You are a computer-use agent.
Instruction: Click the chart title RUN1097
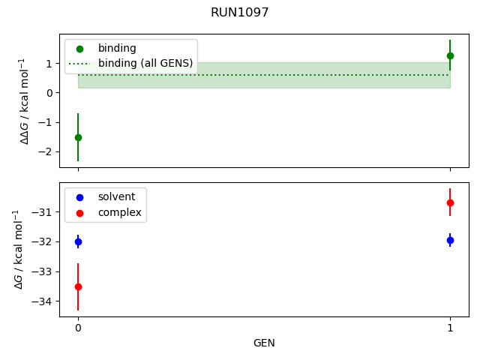pyautogui.click(x=240, y=13)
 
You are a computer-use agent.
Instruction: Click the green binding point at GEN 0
pyautogui.click(x=78, y=137)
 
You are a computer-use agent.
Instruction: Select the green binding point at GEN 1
pyautogui.click(x=450, y=55)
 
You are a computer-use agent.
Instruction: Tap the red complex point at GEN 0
pyautogui.click(x=78, y=286)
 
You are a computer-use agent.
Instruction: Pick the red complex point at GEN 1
pyautogui.click(x=450, y=202)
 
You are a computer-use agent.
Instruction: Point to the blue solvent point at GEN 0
pyautogui.click(x=78, y=241)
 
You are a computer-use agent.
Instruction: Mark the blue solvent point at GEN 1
pyautogui.click(x=450, y=240)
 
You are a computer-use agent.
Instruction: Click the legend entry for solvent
pyautogui.click(x=116, y=197)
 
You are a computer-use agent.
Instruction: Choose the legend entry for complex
pyautogui.click(x=119, y=213)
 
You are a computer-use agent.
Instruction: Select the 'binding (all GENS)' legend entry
pyautogui.click(x=145, y=64)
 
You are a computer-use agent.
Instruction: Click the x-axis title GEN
pyautogui.click(x=264, y=343)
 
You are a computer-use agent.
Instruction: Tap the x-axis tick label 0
pyautogui.click(x=78, y=328)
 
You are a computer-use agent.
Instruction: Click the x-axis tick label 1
pyautogui.click(x=450, y=328)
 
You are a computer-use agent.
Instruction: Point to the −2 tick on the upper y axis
pyautogui.click(x=47, y=151)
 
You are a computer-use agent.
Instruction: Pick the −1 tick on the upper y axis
pyautogui.click(x=47, y=122)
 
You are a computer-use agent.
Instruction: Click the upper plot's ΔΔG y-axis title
pyautogui.click(x=25, y=100)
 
